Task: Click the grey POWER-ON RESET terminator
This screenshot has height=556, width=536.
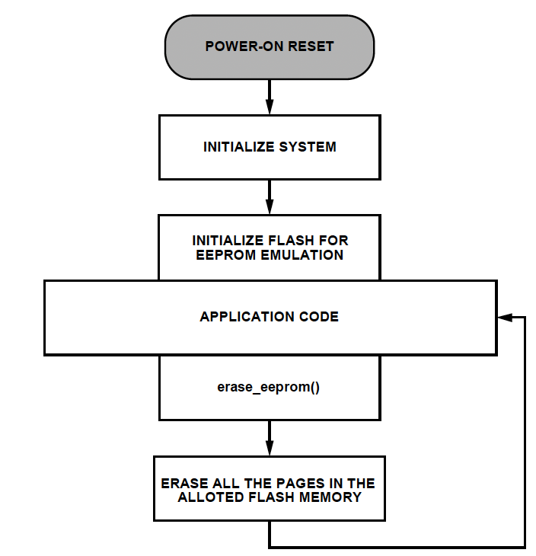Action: [x=270, y=47]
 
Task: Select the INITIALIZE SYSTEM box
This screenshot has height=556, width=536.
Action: [x=270, y=147]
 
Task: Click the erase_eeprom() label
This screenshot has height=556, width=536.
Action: [x=268, y=387]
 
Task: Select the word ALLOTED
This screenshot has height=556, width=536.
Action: [x=211, y=497]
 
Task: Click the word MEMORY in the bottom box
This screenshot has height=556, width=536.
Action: [x=330, y=497]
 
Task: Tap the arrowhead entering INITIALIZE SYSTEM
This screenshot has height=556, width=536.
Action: [x=270, y=107]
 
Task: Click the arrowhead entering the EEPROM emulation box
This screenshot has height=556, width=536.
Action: [x=270, y=206]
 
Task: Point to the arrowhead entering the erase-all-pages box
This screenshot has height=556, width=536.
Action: [x=270, y=448]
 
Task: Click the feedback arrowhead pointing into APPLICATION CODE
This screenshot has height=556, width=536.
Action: [x=505, y=318]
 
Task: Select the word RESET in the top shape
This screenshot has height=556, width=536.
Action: [x=311, y=46]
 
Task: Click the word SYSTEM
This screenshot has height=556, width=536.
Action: [x=308, y=147]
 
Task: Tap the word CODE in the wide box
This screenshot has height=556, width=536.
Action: [x=319, y=317]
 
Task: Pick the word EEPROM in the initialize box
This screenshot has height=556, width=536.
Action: [x=225, y=255]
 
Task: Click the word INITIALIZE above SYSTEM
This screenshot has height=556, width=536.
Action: [x=238, y=147]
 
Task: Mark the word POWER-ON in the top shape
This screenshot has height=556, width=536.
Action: [x=244, y=46]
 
